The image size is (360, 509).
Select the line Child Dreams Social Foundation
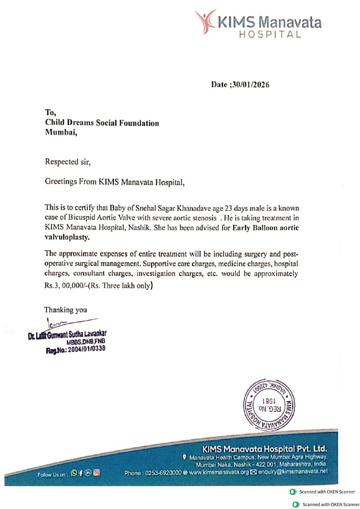tap(102, 123)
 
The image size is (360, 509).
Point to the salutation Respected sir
tap(68, 162)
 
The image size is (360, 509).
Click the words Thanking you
tap(66, 310)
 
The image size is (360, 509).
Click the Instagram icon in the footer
tap(97, 473)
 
